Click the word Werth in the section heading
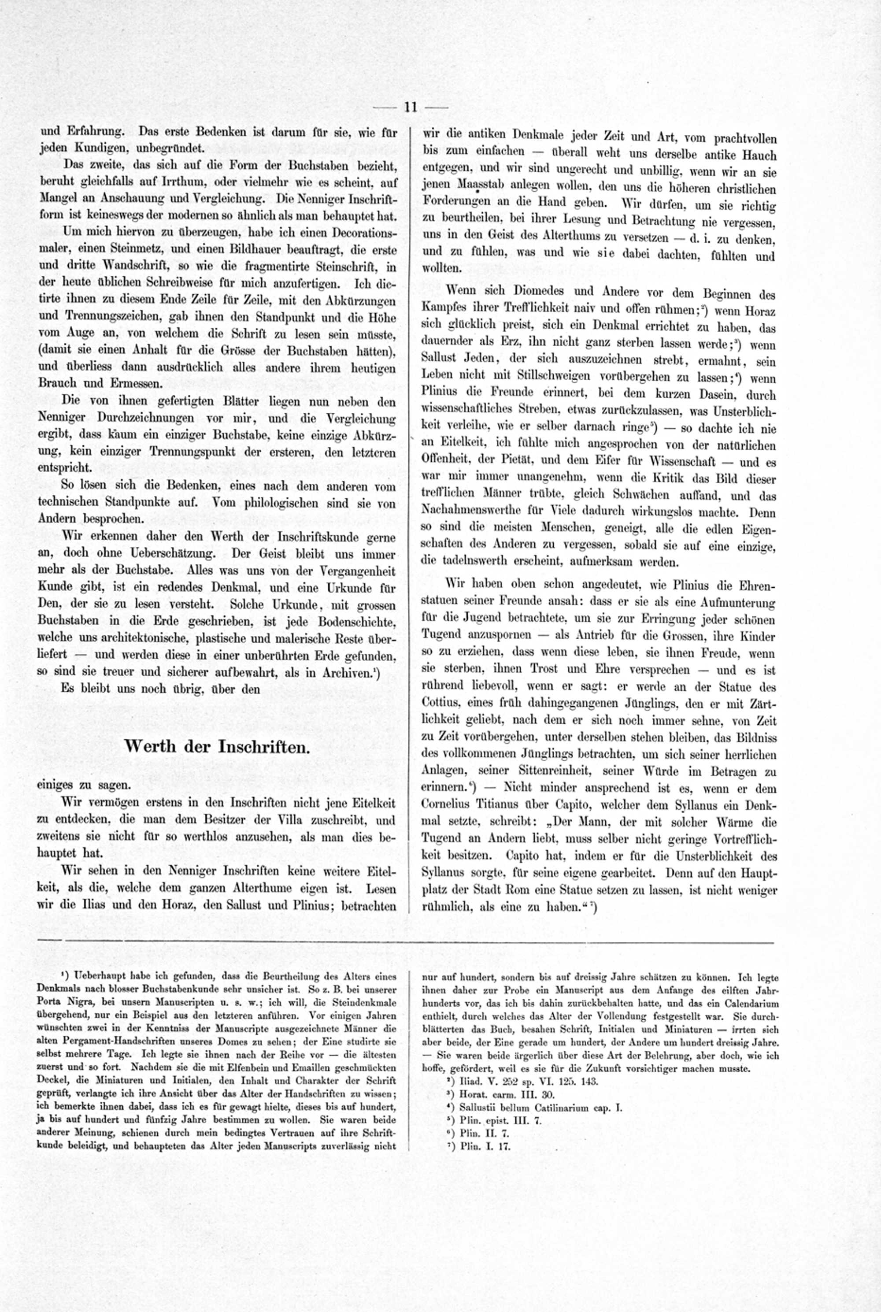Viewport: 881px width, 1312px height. click(x=148, y=747)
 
